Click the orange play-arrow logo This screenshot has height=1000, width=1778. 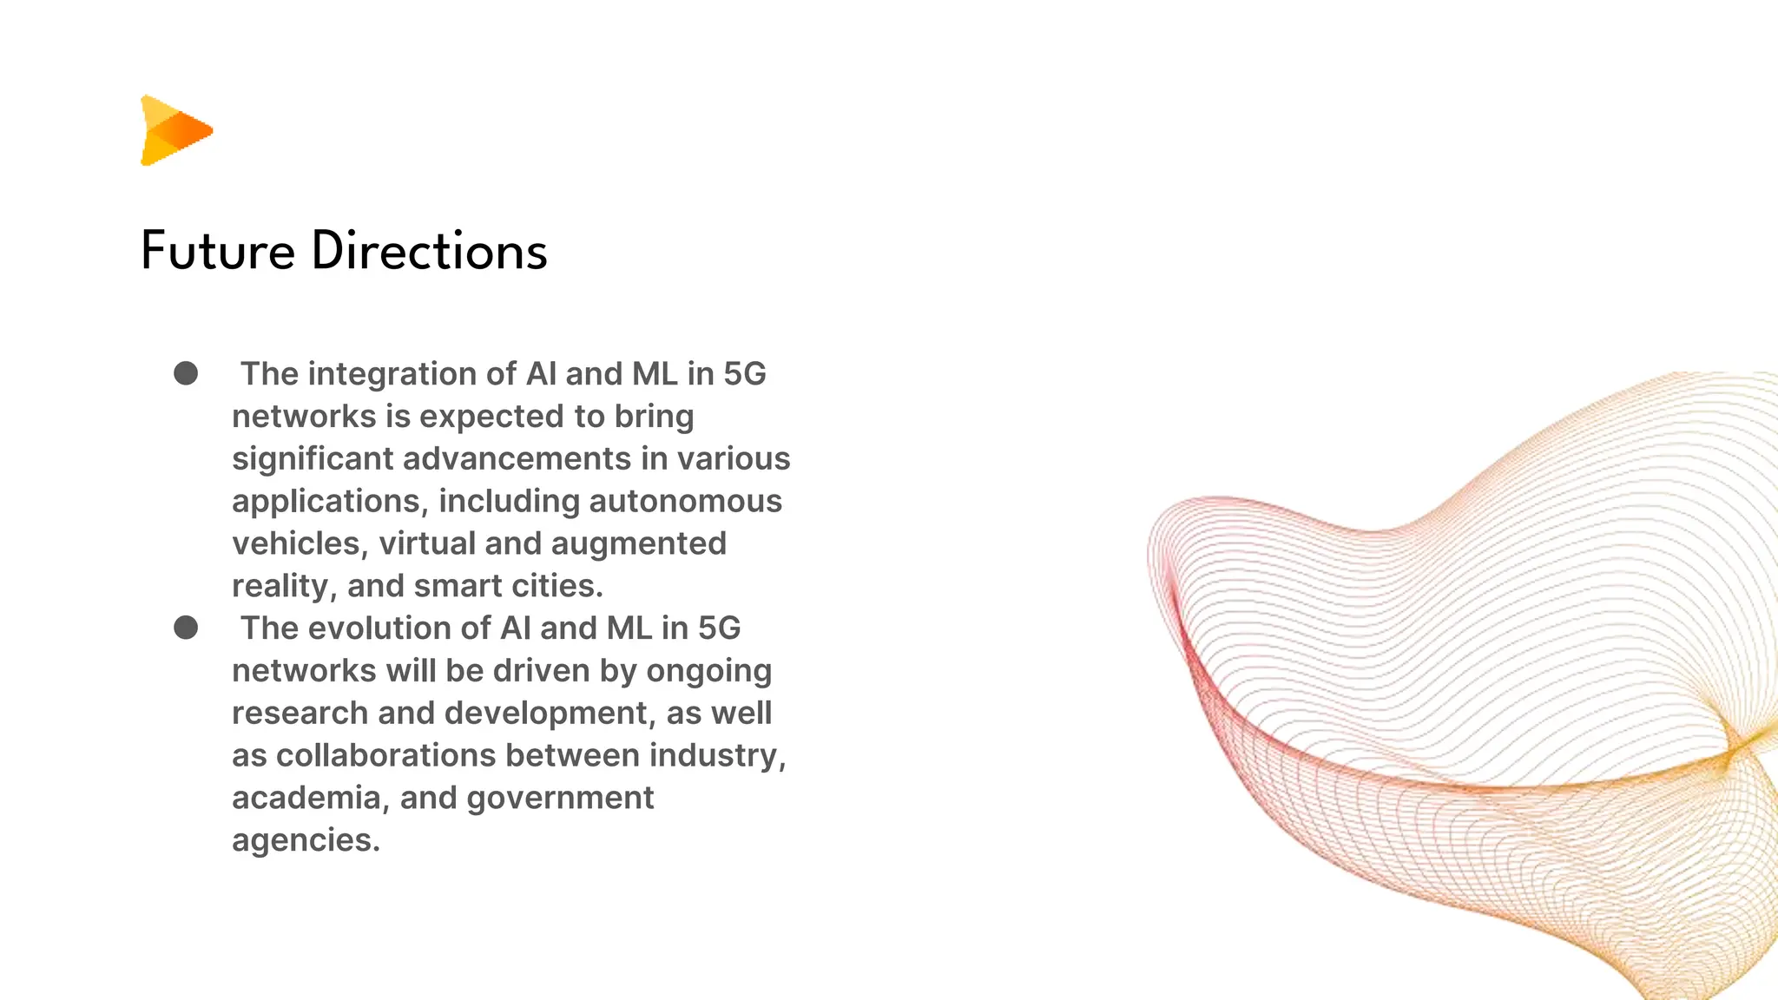click(175, 130)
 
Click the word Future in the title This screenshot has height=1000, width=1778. click(217, 252)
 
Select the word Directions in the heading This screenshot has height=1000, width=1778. click(429, 252)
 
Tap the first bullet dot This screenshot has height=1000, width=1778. click(186, 373)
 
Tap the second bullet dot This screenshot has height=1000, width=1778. click(186, 628)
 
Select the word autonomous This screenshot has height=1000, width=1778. click(685, 502)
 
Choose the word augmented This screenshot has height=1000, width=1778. click(638, 544)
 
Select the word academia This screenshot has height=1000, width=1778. click(310, 798)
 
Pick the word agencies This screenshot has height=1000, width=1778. click(306, 840)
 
